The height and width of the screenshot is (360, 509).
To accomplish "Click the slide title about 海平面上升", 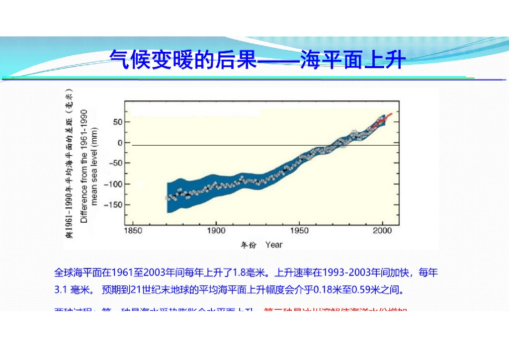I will click(257, 60).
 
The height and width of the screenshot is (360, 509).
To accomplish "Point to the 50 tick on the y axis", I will click(117, 122).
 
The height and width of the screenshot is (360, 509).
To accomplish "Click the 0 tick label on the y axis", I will click(120, 143).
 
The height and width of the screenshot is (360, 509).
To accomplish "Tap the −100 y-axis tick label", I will click(113, 184).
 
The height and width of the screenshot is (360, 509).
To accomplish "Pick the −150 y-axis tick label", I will click(113, 204).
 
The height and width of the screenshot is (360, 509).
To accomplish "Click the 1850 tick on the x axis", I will click(133, 231).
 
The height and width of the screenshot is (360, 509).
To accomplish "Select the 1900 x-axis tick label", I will click(216, 231).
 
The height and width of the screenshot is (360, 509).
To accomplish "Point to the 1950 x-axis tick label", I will click(299, 231).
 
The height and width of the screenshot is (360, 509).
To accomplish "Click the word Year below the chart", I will click(274, 245).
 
